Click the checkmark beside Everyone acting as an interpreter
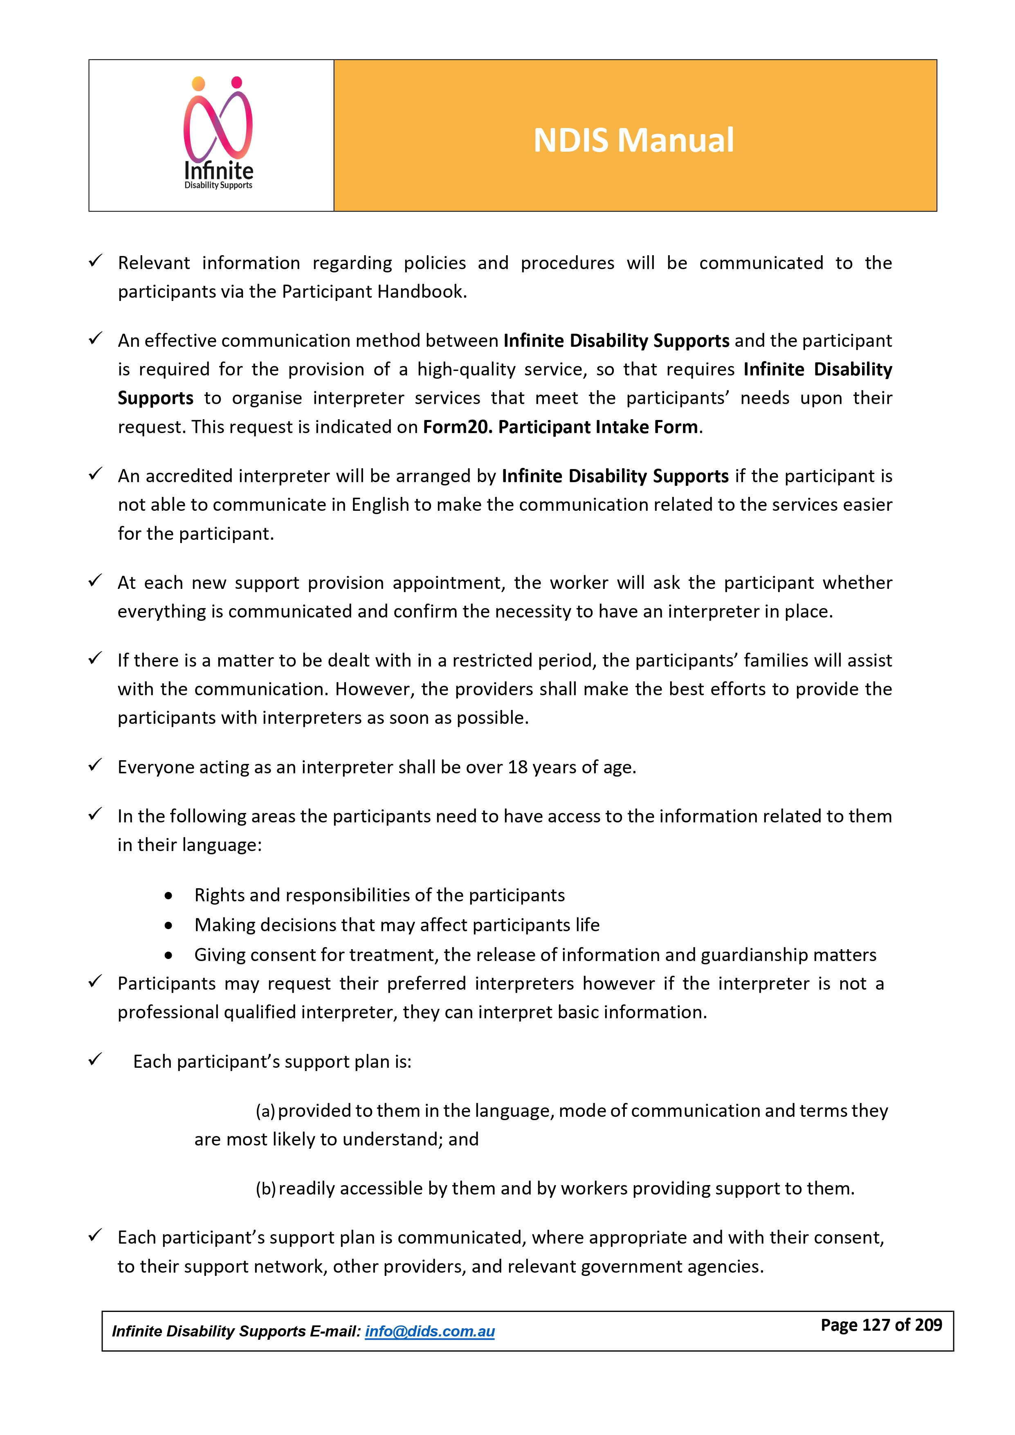pos(95,765)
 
